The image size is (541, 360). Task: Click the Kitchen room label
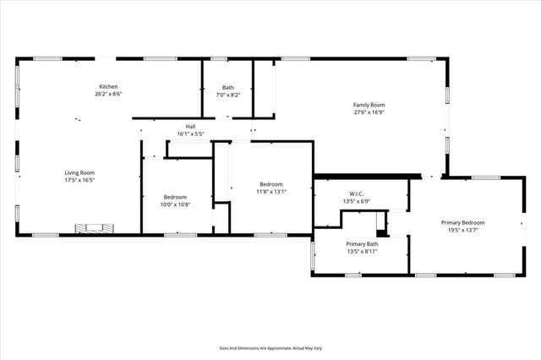point(108,87)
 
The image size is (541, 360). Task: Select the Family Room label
point(369,105)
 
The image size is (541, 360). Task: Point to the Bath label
point(228,88)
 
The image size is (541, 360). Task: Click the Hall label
point(191,128)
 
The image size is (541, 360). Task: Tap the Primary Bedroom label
point(462,222)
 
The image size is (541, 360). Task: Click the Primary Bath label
point(362,243)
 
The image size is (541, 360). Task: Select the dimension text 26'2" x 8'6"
point(108,95)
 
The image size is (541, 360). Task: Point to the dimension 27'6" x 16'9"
point(369,112)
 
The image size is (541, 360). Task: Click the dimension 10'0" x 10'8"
point(175,204)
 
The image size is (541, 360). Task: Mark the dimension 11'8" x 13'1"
point(271,192)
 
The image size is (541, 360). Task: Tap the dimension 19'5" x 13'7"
point(462,230)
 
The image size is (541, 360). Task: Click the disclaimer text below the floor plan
point(270,346)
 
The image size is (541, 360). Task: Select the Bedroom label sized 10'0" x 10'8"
point(175,196)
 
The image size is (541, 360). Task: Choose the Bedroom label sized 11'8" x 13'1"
point(271,184)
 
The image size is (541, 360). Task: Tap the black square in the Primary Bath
point(381,232)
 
